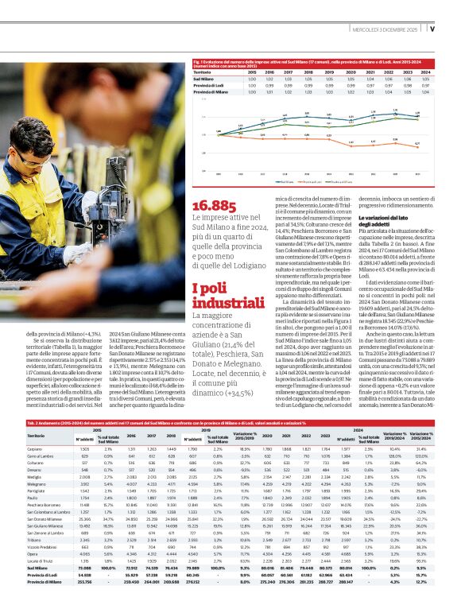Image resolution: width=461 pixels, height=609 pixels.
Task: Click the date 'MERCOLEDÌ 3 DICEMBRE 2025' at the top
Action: [x=380, y=29]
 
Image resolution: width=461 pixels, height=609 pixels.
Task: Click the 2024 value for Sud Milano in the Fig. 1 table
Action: [x=426, y=79]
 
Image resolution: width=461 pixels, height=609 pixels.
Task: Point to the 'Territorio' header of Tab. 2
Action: [x=37, y=436]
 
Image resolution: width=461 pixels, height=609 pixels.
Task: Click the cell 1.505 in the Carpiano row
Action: [x=85, y=448]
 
